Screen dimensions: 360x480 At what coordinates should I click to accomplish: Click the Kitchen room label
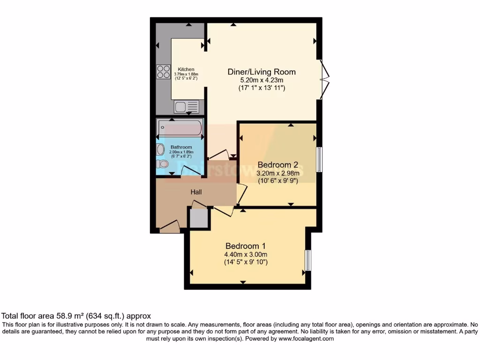(x=186, y=69)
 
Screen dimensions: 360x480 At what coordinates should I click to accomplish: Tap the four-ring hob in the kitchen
(x=164, y=71)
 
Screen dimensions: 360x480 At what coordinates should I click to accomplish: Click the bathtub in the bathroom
(x=180, y=127)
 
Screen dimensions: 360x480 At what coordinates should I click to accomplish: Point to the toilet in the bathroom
(x=163, y=165)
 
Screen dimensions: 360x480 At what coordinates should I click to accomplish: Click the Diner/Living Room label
(x=261, y=72)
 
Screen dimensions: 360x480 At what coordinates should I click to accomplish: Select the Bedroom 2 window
(x=319, y=160)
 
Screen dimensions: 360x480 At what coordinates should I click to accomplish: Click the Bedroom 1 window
(x=308, y=260)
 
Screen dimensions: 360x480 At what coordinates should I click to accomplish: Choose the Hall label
(x=196, y=192)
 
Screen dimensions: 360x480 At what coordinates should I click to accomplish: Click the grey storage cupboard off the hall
(x=198, y=218)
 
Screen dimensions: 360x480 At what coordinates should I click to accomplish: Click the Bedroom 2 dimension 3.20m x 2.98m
(x=278, y=173)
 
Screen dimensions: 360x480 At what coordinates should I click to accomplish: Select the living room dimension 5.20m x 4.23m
(x=261, y=80)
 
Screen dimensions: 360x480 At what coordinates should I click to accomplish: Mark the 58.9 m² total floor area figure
(x=76, y=316)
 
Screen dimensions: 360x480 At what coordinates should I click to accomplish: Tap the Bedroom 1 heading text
(x=246, y=246)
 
